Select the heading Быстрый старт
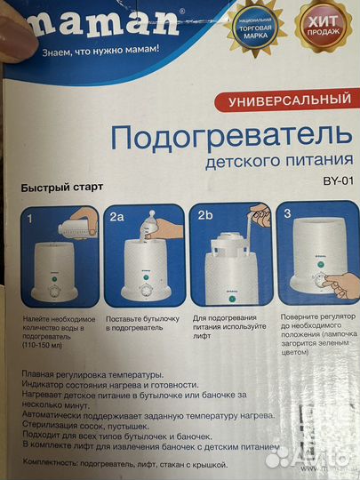click(x=63, y=188)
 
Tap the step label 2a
click(x=116, y=216)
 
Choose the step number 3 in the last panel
click(x=286, y=215)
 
